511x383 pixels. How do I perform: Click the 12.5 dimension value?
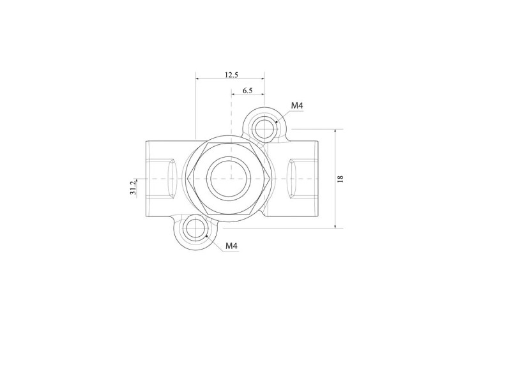tap(231, 75)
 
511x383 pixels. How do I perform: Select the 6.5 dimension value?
tap(248, 91)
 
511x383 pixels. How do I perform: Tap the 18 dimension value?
tap(340, 179)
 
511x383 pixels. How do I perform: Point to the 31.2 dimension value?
tap(133, 188)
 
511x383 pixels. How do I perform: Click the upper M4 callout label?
tap(297, 105)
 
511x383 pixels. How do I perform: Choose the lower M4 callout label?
tap(231, 246)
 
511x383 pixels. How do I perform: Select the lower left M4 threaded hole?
tap(195, 229)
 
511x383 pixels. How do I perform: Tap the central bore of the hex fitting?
tap(228, 178)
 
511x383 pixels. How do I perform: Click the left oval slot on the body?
tap(172, 179)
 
